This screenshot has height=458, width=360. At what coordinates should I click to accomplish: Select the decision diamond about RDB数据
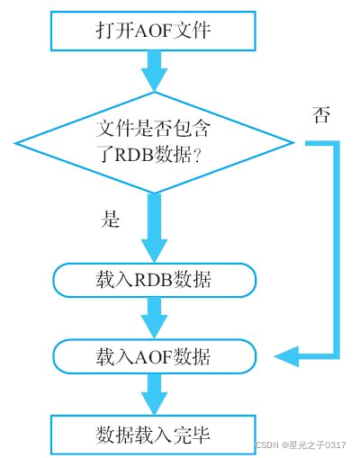(154, 141)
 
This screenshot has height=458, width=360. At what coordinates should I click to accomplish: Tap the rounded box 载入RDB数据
(154, 280)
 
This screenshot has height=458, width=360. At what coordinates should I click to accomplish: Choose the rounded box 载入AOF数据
(154, 356)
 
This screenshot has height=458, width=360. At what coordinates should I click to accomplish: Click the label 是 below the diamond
(110, 220)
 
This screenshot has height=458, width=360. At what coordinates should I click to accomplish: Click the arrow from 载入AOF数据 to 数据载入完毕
(154, 394)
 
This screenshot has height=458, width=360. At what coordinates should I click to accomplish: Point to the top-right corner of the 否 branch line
(338, 142)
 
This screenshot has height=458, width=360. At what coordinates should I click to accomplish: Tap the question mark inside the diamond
(198, 155)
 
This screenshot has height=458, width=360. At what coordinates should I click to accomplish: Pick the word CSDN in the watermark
(266, 445)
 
